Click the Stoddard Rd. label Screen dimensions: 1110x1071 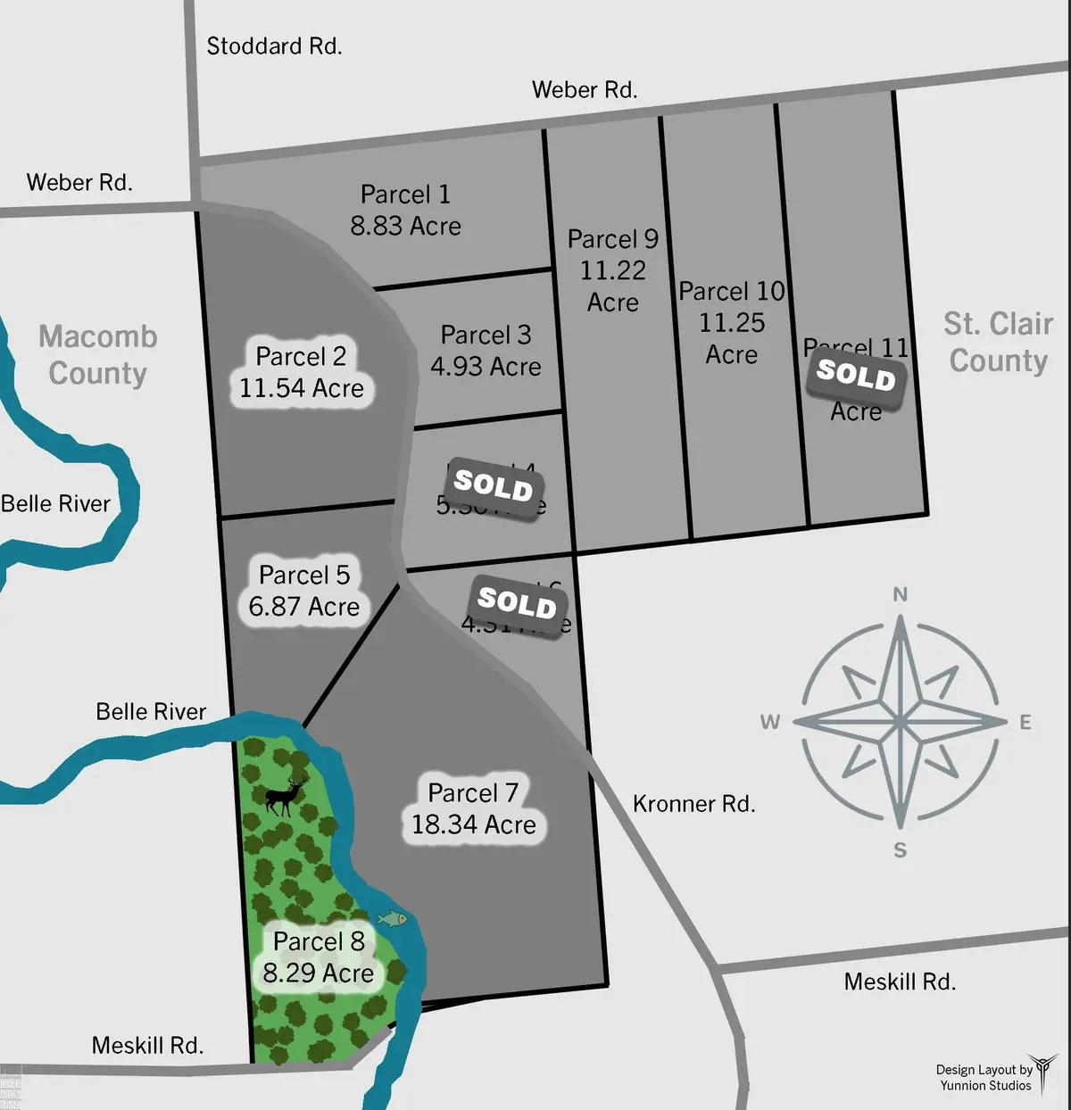point(274,46)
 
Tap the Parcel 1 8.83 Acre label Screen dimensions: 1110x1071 point(406,211)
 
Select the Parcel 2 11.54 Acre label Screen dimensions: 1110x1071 point(302,372)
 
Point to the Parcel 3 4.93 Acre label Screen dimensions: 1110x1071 point(486,351)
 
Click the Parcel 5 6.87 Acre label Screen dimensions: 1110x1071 point(304,591)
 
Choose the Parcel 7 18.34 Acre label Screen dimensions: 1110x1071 point(473,808)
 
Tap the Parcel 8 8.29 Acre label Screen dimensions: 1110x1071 point(319,957)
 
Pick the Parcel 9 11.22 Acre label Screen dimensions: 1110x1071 point(613,270)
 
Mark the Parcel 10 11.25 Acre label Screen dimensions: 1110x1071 point(732,322)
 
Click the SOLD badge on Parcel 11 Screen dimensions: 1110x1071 point(856,375)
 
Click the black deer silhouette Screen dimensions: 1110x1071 point(286,795)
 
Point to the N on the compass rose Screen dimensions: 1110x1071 point(901,594)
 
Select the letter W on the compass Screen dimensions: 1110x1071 point(770,722)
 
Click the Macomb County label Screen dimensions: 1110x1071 point(98,355)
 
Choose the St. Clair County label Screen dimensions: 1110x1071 point(999,342)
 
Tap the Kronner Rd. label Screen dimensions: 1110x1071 point(693,804)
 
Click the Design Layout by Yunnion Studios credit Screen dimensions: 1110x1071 point(984,1078)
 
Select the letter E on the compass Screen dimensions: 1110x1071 point(1025,722)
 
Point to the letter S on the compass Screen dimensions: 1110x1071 point(900,850)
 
